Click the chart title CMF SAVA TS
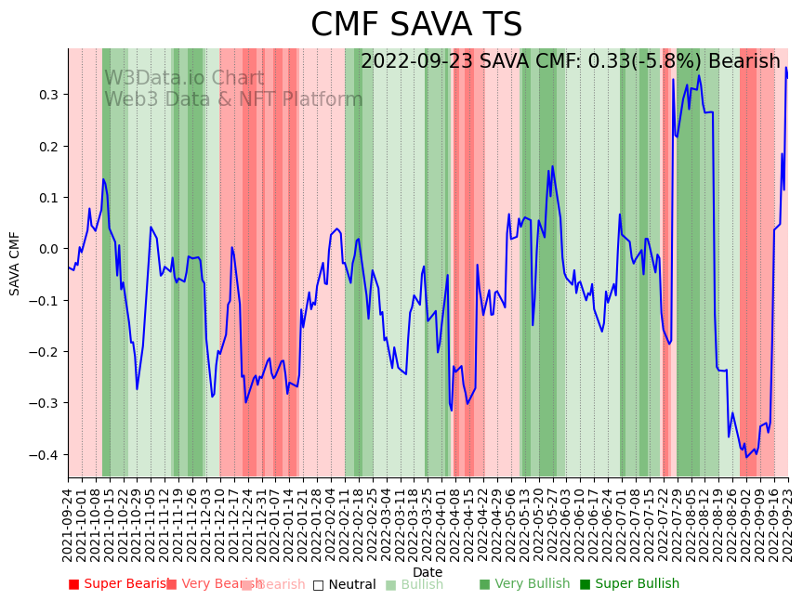416,25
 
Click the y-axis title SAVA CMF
15,264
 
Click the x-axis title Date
428,572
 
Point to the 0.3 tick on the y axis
47,95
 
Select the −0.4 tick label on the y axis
45,454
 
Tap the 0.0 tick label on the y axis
47,249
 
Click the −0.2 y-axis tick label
45,352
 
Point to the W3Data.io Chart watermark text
184,79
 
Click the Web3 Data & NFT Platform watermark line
233,100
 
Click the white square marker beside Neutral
318,585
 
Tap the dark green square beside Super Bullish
585,584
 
